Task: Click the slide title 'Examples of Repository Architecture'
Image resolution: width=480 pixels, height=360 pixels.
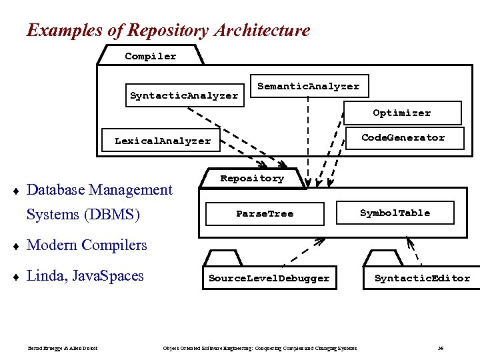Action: [168, 30]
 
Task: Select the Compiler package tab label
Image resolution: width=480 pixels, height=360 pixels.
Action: [151, 56]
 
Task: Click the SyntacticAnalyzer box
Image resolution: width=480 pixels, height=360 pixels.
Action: [184, 95]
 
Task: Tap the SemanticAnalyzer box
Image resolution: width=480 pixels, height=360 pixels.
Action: [308, 86]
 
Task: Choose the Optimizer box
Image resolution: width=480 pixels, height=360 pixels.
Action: [401, 113]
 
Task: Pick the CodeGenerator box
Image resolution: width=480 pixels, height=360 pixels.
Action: [403, 137]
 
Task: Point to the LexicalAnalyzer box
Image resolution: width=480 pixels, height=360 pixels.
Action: [163, 141]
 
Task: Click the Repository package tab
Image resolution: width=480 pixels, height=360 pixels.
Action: [252, 178]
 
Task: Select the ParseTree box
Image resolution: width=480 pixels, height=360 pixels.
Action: [265, 213]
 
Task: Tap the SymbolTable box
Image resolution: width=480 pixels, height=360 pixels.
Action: [395, 213]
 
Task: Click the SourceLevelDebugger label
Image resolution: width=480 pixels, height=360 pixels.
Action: [269, 278]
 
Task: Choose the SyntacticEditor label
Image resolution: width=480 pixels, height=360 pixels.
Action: [422, 278]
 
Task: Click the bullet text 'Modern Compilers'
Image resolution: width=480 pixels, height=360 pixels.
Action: [87, 245]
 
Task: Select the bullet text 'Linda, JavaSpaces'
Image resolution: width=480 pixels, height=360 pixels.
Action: [85, 275]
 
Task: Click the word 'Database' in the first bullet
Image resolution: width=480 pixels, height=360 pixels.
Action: [55, 190]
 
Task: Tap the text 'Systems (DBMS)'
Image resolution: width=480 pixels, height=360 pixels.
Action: [83, 215]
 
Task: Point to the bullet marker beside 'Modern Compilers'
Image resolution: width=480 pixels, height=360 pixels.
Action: [16, 246]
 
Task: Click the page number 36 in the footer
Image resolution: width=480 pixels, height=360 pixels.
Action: [441, 348]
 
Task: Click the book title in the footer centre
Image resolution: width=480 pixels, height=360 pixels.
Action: [260, 348]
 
